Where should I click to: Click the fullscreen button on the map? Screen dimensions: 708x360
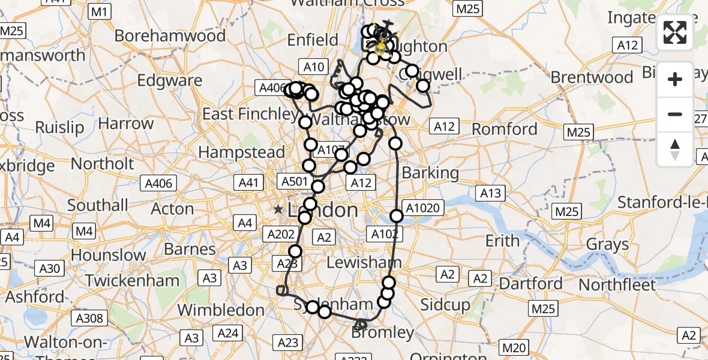click(675, 32)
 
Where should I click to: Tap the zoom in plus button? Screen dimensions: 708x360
click(675, 79)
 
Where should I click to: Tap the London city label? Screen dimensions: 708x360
click(323, 210)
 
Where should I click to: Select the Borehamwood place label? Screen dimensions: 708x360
click(170, 36)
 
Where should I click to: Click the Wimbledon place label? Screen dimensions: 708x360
click(221, 310)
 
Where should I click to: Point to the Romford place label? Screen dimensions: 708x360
click(505, 129)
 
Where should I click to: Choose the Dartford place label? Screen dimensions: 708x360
click(531, 283)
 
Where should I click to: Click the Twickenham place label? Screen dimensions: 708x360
click(132, 280)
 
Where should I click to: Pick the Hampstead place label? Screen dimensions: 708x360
click(242, 152)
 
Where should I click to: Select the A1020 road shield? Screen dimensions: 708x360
click(423, 209)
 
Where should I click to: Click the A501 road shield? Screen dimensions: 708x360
click(295, 181)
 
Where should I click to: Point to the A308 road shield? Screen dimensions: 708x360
click(91, 319)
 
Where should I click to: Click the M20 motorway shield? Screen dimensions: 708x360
click(515, 347)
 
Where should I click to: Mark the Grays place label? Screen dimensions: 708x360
click(607, 244)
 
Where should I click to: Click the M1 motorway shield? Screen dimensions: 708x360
click(98, 11)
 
